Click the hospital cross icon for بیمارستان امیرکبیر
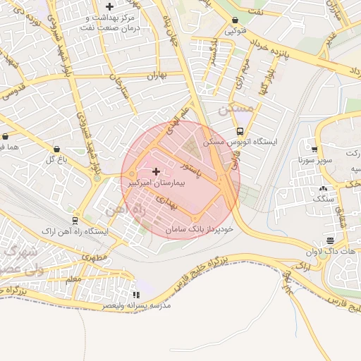coord(156,171)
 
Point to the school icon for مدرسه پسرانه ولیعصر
coord(135,295)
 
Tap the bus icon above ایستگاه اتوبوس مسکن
coord(240,131)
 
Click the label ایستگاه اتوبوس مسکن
coord(240,142)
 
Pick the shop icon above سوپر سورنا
coord(314,149)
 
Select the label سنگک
coord(323,200)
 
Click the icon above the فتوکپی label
coord(234,20)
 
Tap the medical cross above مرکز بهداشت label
coord(109,6)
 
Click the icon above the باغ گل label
coord(56,149)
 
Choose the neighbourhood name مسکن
coord(235,109)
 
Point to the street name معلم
coord(72,280)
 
